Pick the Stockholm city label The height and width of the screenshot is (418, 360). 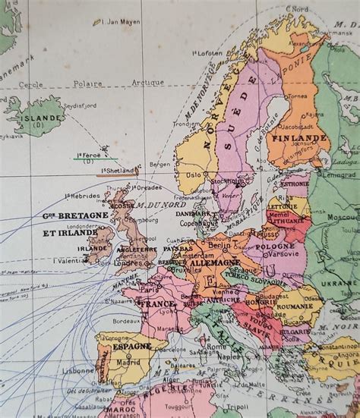tap(226, 182)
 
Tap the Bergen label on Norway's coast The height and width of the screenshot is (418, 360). tap(160, 164)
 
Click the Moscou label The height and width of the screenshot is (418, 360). tap(343, 218)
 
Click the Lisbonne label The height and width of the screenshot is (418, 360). tap(79, 370)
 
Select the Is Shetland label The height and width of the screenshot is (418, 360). tap(118, 171)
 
